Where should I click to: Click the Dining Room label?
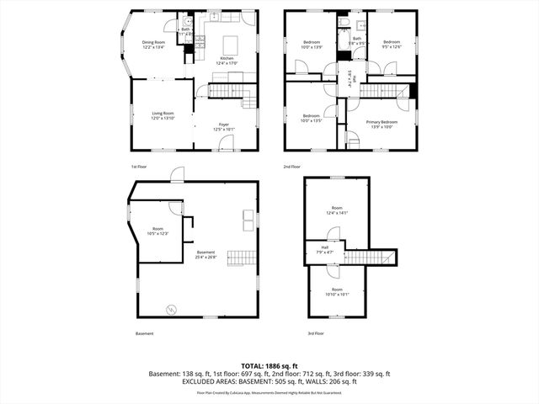[153, 45]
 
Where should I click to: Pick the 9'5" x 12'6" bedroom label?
[391, 45]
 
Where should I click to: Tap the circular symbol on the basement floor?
[172, 309]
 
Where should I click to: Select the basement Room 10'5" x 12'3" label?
[157, 231]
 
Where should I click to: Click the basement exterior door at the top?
[176, 175]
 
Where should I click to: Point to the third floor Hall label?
[324, 249]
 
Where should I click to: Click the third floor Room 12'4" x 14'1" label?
[337, 210]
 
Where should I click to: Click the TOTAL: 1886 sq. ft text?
[269, 365]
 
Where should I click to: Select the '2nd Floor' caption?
[292, 167]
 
